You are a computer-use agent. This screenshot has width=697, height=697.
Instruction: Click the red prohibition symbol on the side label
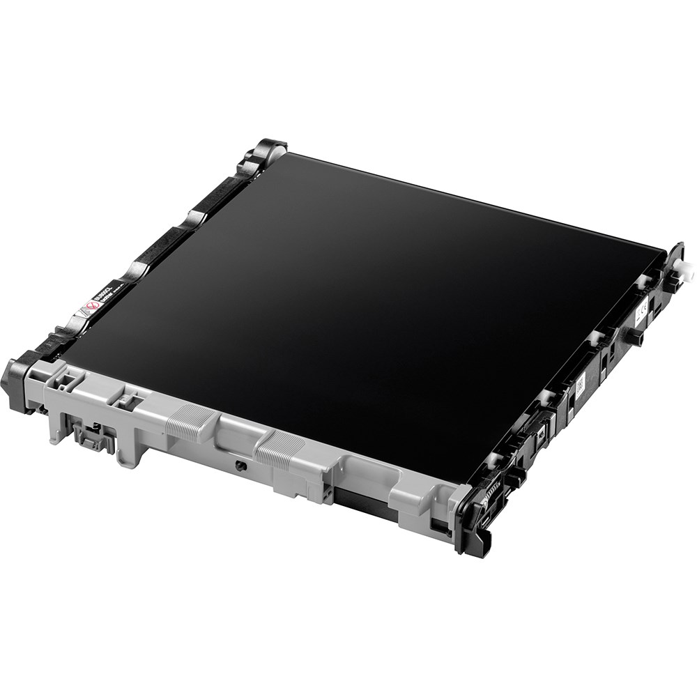click(89, 307)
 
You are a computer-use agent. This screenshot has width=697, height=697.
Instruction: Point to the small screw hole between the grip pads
click(238, 466)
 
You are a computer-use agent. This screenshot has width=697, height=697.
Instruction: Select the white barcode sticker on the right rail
click(579, 386)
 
